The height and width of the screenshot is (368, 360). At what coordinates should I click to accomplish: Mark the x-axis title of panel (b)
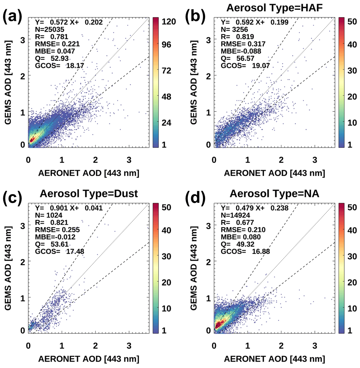[x=269, y=173]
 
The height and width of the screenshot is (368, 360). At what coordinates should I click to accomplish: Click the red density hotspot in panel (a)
[x=32, y=140]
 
